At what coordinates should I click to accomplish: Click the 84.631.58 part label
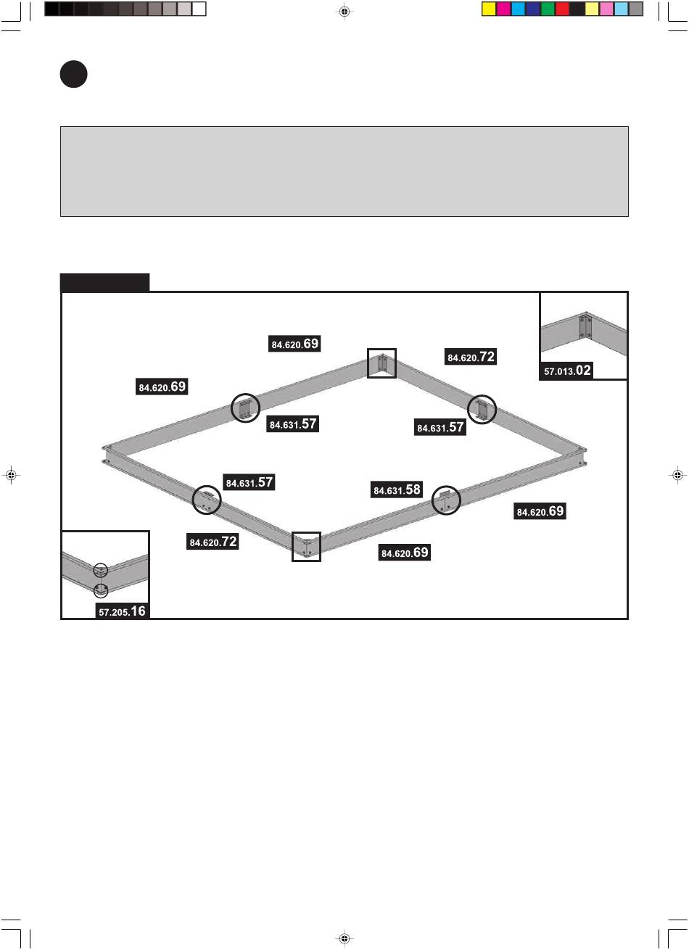point(397,490)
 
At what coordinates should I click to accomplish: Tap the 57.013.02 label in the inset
point(568,371)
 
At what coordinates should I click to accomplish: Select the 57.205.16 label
point(123,611)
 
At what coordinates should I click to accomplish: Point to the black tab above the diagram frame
point(104,282)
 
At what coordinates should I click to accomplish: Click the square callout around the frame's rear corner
point(381,363)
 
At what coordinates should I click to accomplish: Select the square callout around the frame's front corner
point(306,546)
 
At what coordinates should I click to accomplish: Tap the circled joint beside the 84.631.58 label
point(447,500)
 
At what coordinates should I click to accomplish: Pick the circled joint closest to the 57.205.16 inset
point(207,500)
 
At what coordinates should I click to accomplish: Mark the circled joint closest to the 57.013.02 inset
point(482,410)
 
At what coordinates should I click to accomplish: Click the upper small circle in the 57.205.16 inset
point(101,571)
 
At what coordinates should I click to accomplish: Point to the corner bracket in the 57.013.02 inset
point(585,326)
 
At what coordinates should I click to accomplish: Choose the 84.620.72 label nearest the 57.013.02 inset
point(471,356)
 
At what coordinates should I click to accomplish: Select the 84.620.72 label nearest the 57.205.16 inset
point(213,541)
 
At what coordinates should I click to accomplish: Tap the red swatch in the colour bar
point(562,9)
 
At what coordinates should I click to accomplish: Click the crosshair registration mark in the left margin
point(10,475)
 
